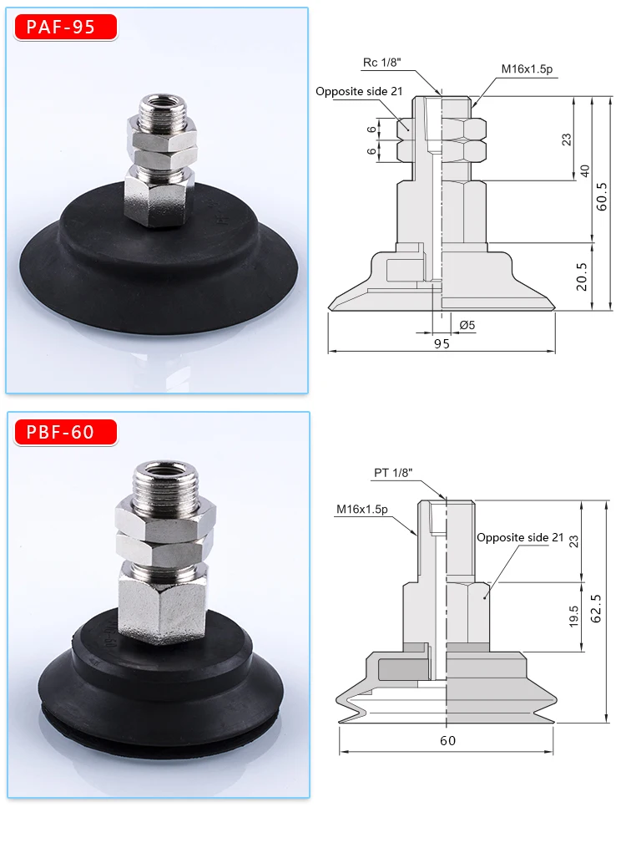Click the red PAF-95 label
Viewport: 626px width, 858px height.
(65, 28)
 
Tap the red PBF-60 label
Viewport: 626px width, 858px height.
(65, 432)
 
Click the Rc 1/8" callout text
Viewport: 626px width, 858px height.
(381, 63)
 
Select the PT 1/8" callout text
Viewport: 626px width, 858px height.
(393, 473)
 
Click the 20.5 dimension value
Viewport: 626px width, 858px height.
(581, 277)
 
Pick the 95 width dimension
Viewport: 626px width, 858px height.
(442, 343)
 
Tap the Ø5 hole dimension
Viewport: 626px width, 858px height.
(467, 325)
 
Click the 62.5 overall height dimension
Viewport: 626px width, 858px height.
(596, 608)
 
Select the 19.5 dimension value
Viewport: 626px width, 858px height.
(573, 617)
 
